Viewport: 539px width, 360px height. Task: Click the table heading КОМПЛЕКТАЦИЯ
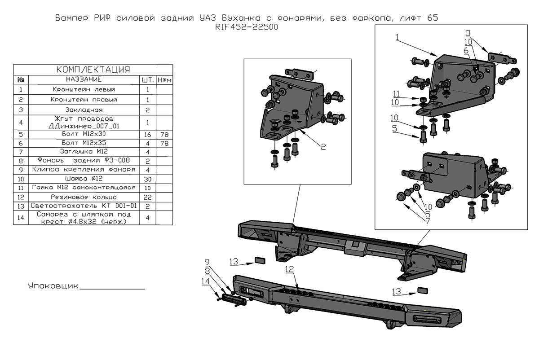93,70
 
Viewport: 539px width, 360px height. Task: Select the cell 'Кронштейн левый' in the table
84,89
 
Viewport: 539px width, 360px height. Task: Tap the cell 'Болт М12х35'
84,143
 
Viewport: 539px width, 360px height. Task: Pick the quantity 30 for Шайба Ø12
147,178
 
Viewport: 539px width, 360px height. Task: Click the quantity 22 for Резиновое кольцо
147,197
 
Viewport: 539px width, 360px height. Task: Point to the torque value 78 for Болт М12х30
164,134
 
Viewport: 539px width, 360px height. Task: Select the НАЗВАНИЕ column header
84,79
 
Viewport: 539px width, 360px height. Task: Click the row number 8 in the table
21,160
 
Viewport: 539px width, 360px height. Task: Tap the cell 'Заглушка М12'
84,152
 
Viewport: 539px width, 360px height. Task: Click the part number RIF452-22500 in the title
247,27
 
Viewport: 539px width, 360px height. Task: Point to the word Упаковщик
53,286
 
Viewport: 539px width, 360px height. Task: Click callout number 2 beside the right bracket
323,147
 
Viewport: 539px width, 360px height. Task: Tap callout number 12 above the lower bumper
289,269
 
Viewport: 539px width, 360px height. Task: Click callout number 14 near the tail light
205,281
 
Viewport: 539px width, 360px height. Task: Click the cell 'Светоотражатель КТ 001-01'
84,206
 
